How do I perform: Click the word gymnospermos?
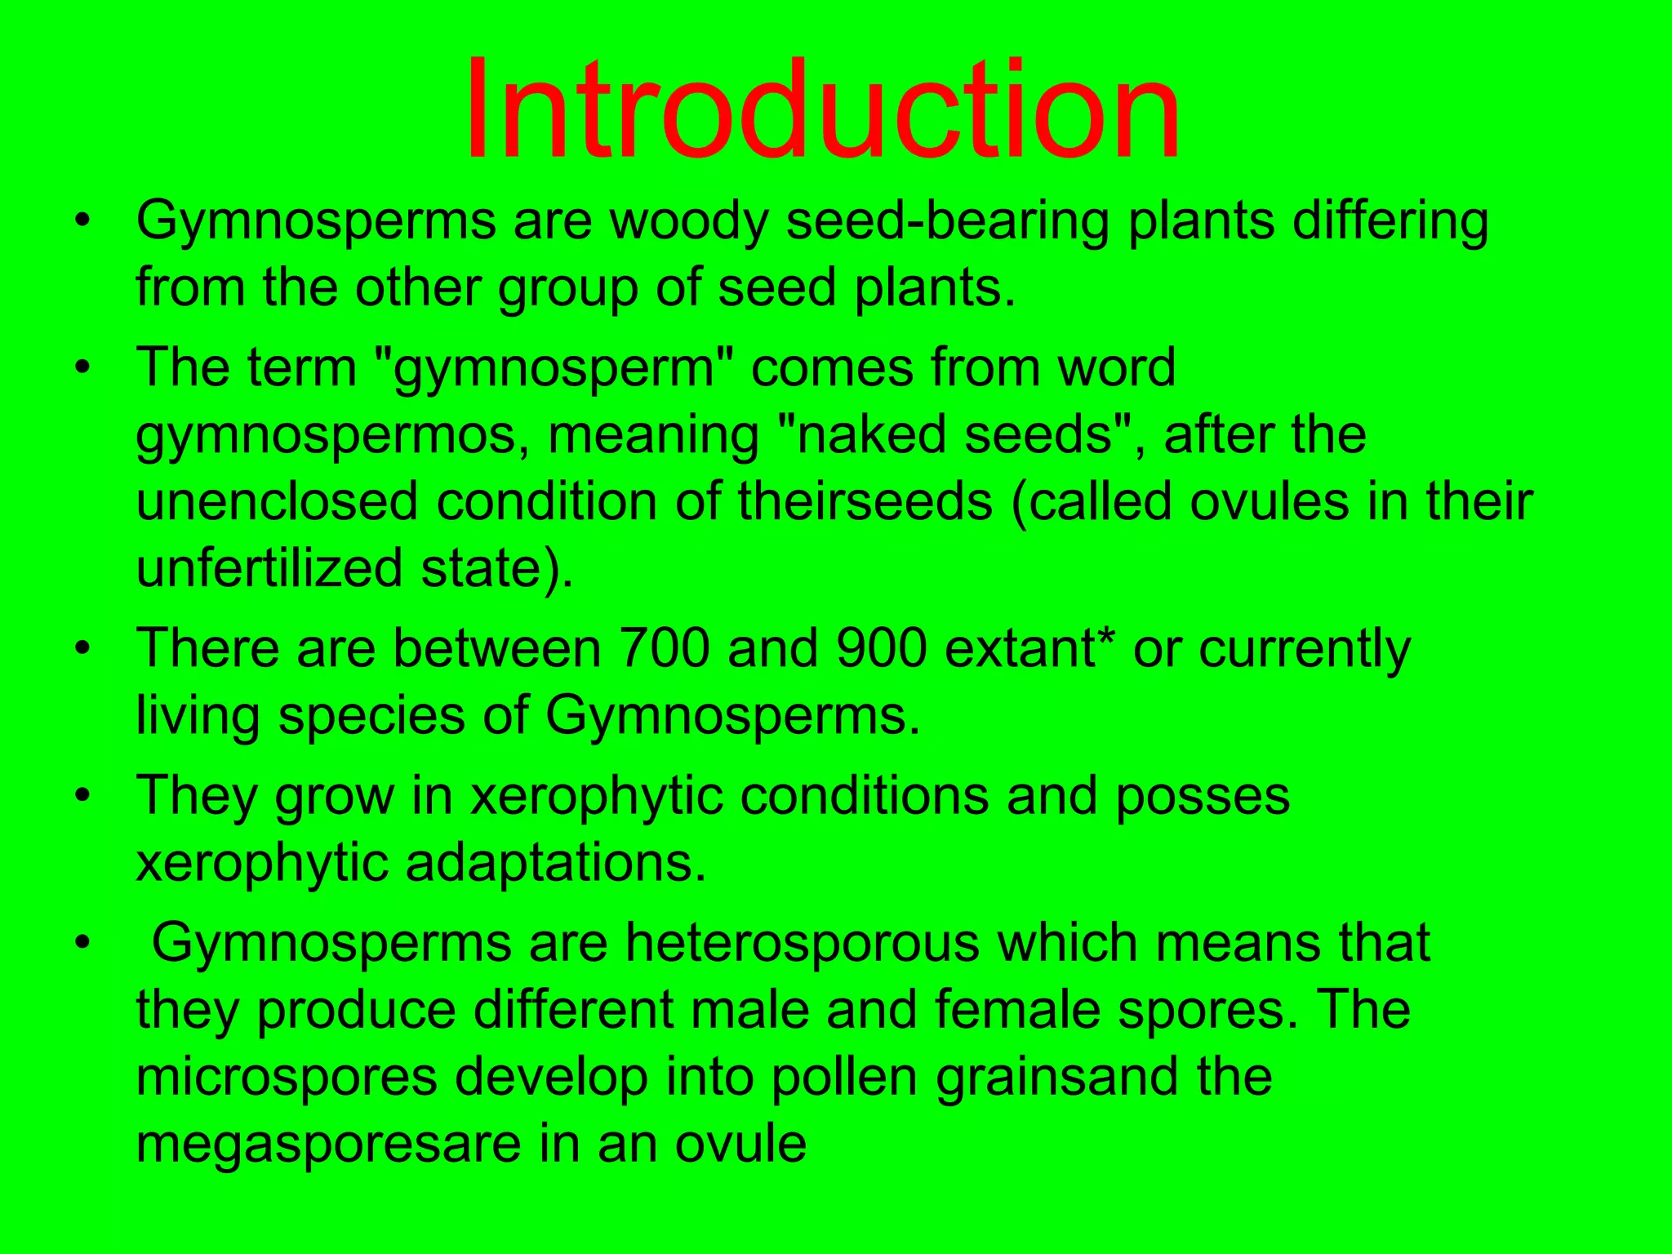[333, 436]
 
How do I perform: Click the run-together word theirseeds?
[866, 501]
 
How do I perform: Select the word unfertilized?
[269, 568]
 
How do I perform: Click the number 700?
[664, 648]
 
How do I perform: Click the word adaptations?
[555, 864]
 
